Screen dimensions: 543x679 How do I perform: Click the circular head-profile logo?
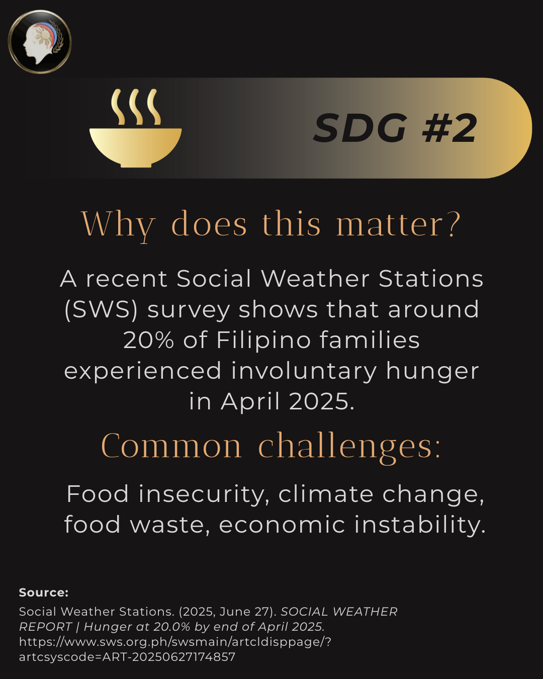[x=40, y=42]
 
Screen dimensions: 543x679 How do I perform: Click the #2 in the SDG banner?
[x=449, y=128]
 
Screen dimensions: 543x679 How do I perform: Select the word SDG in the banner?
[x=360, y=128]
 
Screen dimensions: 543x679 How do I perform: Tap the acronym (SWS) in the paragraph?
[x=101, y=310]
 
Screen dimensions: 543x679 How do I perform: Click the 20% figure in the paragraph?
[x=149, y=340]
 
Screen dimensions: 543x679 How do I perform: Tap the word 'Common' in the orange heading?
[x=171, y=446]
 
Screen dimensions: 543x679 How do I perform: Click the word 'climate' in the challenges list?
[x=326, y=494]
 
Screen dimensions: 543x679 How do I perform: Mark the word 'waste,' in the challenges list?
[x=170, y=525]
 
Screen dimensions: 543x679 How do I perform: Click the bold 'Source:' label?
[x=44, y=593]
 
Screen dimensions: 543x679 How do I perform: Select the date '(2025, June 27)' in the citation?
[x=228, y=612]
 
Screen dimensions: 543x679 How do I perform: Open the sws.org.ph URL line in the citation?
[x=175, y=642]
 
